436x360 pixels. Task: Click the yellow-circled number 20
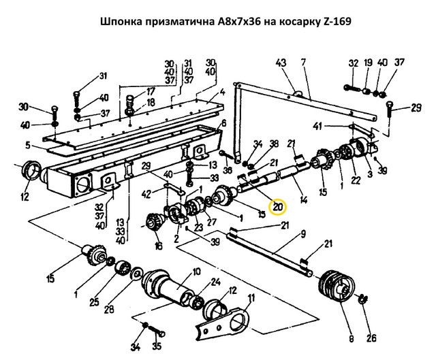click(278, 207)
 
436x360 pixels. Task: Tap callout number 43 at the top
click(280, 63)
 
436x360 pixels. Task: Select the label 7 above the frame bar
click(302, 63)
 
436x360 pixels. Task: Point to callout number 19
click(367, 64)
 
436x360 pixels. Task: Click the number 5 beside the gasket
click(27, 145)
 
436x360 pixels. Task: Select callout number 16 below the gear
click(159, 247)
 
